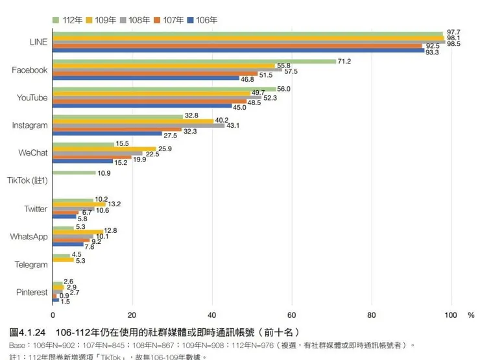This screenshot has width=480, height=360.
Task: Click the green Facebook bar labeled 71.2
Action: pyautogui.click(x=195, y=61)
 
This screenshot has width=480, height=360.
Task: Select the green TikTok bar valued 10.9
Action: pyautogui.click(x=74, y=173)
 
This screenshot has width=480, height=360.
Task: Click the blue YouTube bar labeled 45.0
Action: pyautogui.click(x=142, y=106)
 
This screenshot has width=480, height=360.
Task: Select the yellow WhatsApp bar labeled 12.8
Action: pyautogui.click(x=78, y=232)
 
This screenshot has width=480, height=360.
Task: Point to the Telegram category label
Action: pyautogui.click(x=31, y=265)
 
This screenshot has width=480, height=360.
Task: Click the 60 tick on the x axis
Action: pyautogui.click(x=292, y=315)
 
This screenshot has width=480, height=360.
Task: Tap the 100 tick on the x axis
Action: pyautogui.click(x=451, y=315)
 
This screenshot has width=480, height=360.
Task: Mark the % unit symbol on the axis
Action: pyautogui.click(x=471, y=315)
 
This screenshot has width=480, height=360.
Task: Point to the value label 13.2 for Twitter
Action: pyautogui.click(x=114, y=204)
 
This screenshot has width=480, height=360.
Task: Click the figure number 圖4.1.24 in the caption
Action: pyautogui.click(x=29, y=332)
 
